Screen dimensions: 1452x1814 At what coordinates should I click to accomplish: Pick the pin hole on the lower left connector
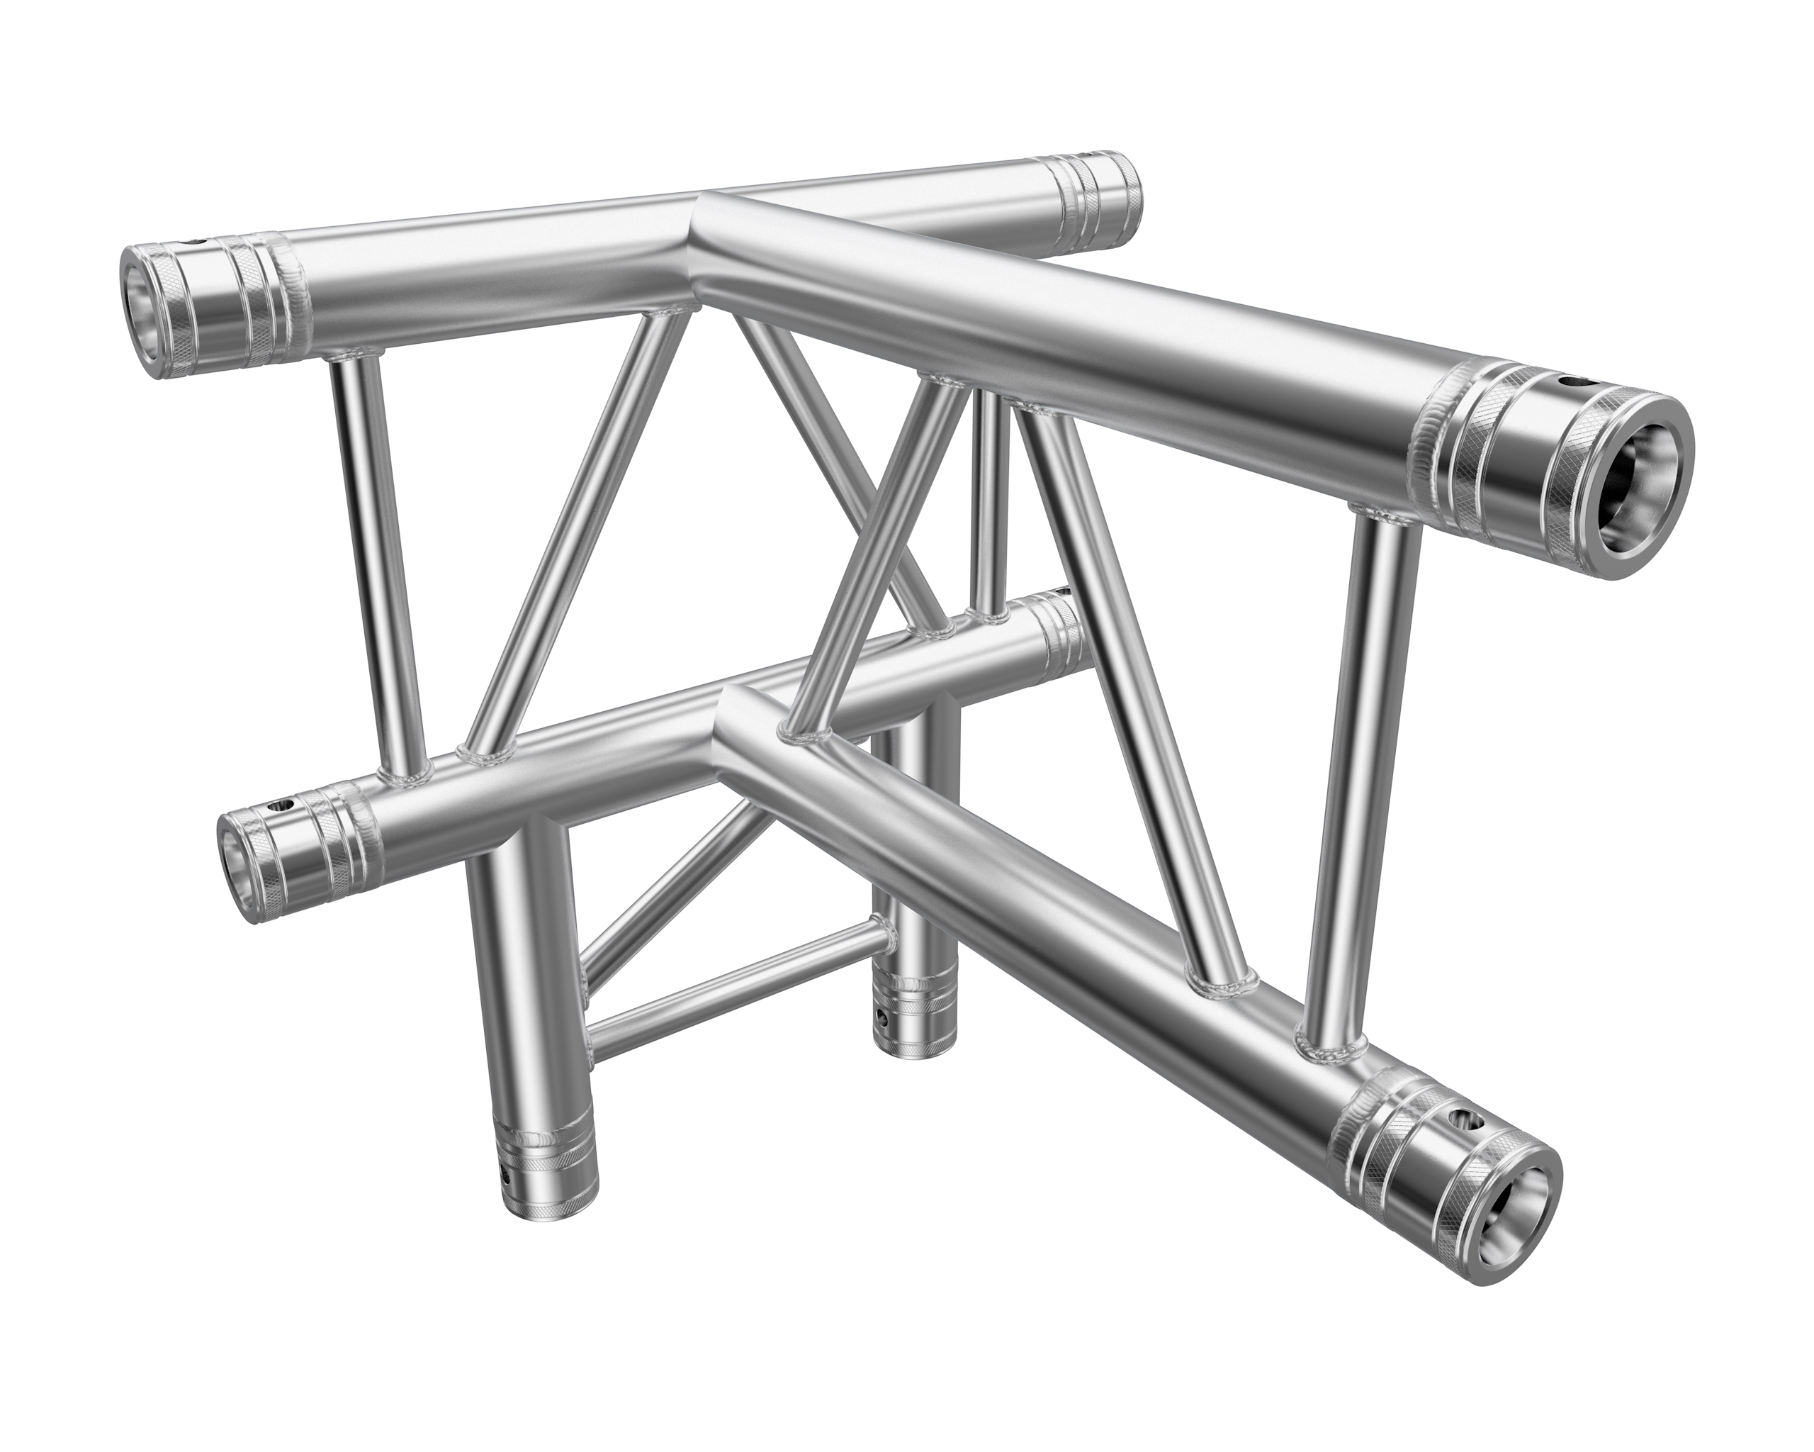pyautogui.click(x=278, y=809)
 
